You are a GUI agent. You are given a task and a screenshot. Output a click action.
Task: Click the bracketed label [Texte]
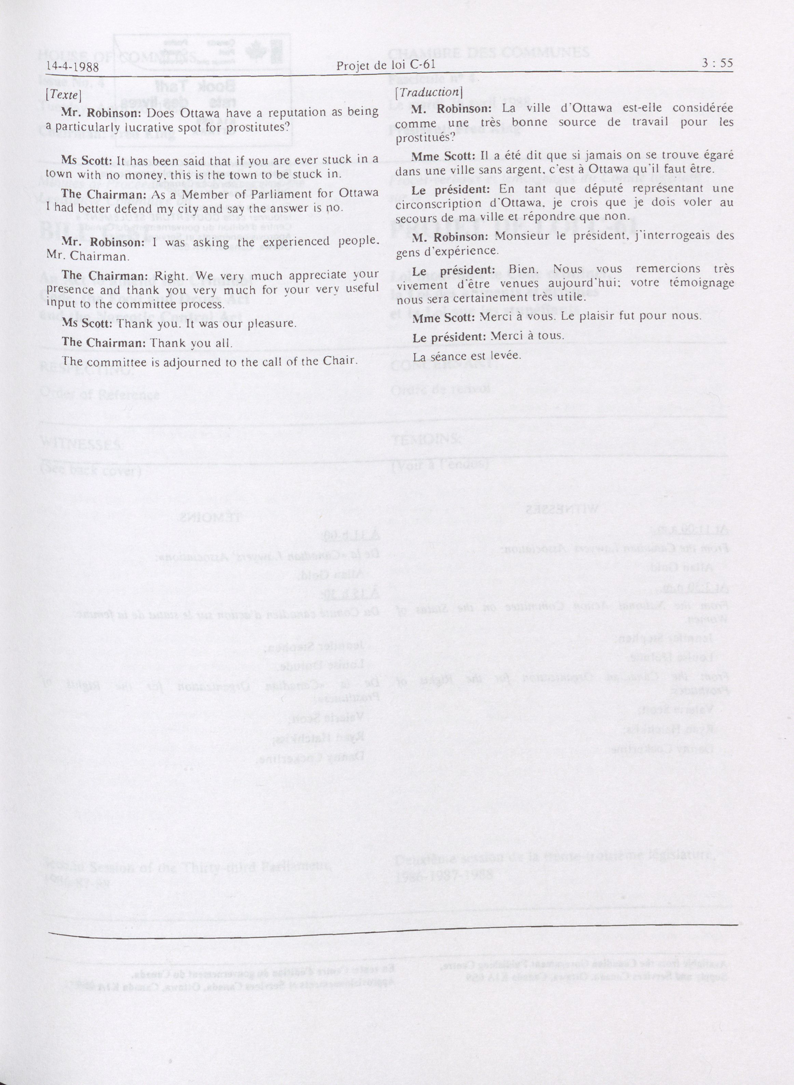(x=63, y=95)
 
